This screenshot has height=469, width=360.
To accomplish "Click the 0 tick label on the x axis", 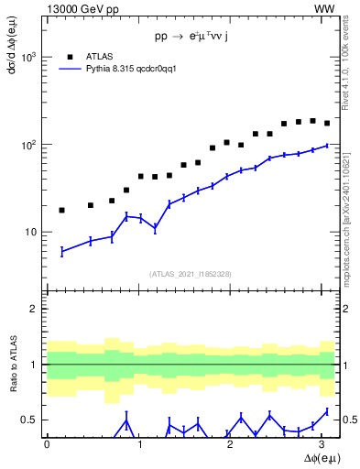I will (x=47, y=445).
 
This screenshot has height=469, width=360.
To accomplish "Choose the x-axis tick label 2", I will (x=234, y=445).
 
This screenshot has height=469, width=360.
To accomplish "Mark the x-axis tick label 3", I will (x=327, y=445).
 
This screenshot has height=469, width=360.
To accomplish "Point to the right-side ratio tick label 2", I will (x=346, y=310).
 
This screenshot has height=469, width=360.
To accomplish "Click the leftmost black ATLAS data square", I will (x=61, y=210).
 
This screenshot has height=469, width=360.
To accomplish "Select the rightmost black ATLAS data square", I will (x=327, y=123).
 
